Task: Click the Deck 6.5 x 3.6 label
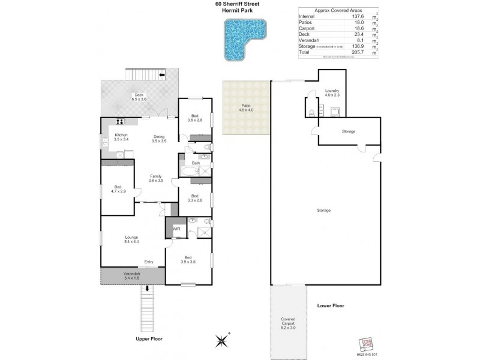pos(139,97)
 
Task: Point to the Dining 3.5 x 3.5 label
pos(158,137)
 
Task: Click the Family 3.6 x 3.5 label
pos(156,178)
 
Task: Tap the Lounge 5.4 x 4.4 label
pos(131,239)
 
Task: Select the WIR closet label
pos(176,229)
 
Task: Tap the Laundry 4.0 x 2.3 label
pos(332,92)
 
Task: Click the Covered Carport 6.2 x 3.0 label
pos(290,322)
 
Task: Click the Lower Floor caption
pos(330,305)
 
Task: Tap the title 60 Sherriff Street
pos(241,5)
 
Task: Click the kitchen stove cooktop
pos(112,122)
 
